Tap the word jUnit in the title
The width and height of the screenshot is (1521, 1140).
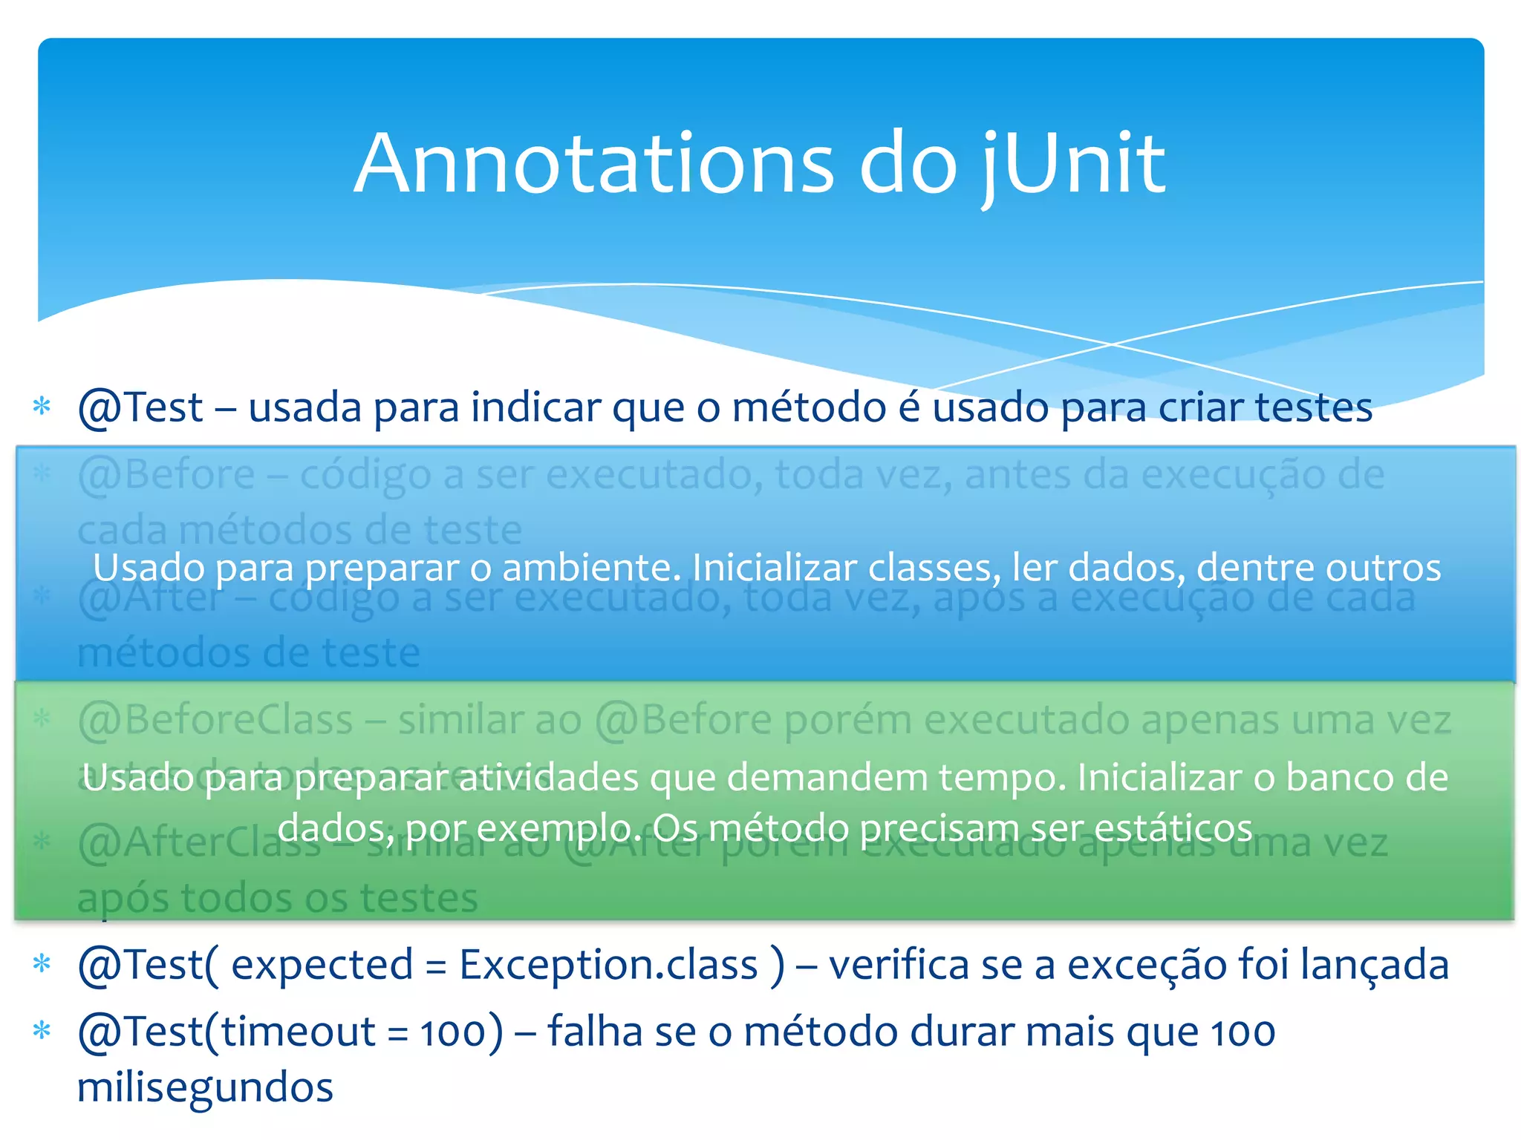(1073, 165)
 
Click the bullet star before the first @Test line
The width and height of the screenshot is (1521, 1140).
(42, 406)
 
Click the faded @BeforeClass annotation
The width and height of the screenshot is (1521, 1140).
(215, 720)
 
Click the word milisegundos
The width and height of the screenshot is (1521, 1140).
(205, 1088)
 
